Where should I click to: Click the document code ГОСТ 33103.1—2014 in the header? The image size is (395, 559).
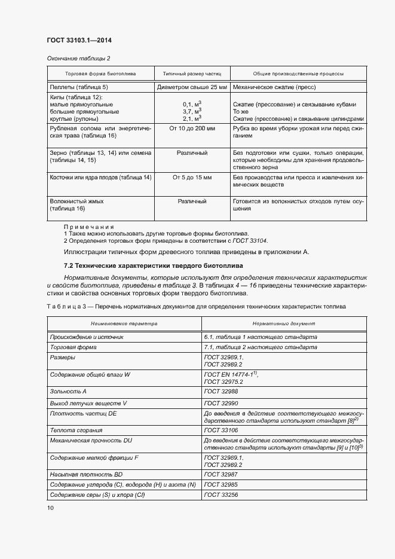(79, 41)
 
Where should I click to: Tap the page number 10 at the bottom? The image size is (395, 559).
(50, 508)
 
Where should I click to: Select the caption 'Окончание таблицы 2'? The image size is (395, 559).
(78, 58)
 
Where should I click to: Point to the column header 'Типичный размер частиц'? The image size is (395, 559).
(192, 74)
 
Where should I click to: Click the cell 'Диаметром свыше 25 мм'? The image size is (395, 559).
(192, 87)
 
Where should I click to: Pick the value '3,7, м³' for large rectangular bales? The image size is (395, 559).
(192, 111)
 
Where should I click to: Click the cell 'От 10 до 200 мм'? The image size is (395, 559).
(192, 129)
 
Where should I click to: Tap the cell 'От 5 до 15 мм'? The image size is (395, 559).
(192, 178)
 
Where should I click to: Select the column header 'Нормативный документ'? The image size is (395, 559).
(284, 323)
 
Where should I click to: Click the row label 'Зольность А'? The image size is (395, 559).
(69, 392)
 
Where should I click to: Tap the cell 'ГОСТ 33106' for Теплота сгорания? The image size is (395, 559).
(221, 430)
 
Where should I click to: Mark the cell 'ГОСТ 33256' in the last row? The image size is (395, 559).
(221, 495)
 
